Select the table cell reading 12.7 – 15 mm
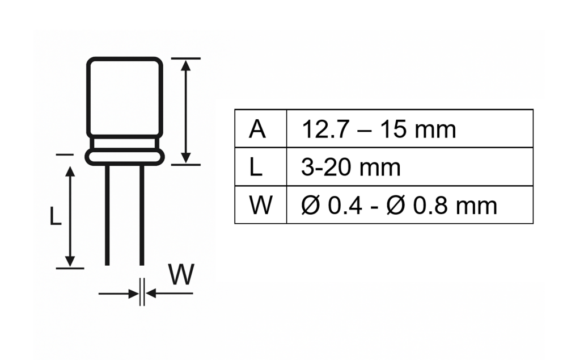tap(378, 129)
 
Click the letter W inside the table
tap(260, 205)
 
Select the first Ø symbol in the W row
tap(312, 205)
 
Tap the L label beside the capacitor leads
tap(55, 216)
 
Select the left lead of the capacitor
tap(107, 216)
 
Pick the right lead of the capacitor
tap(142, 216)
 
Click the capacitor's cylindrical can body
tap(124, 95)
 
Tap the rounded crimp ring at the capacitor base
tap(124, 156)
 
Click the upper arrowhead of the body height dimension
tap(185, 65)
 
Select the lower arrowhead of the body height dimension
tap(185, 157)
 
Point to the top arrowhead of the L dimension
tap(70, 173)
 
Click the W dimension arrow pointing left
tap(152, 294)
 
